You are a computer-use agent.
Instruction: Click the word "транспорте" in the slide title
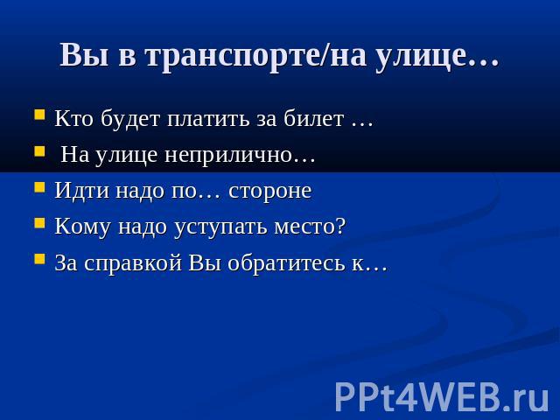tap(233, 56)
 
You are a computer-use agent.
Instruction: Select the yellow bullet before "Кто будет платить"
tap(39, 115)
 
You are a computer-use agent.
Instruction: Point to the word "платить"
tap(208, 119)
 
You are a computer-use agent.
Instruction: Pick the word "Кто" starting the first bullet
tap(73, 118)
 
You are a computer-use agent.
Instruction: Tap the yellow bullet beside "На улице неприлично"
tap(39, 151)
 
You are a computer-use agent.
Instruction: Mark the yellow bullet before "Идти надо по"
tap(39, 187)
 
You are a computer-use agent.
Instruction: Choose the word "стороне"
tap(270, 192)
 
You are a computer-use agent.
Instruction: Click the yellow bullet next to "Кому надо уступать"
tap(39, 223)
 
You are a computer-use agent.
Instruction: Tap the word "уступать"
tap(220, 227)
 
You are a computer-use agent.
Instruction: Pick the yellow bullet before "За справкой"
tap(39, 259)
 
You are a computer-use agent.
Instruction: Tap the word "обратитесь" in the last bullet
tap(286, 262)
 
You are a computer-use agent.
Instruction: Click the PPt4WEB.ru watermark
tap(442, 396)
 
